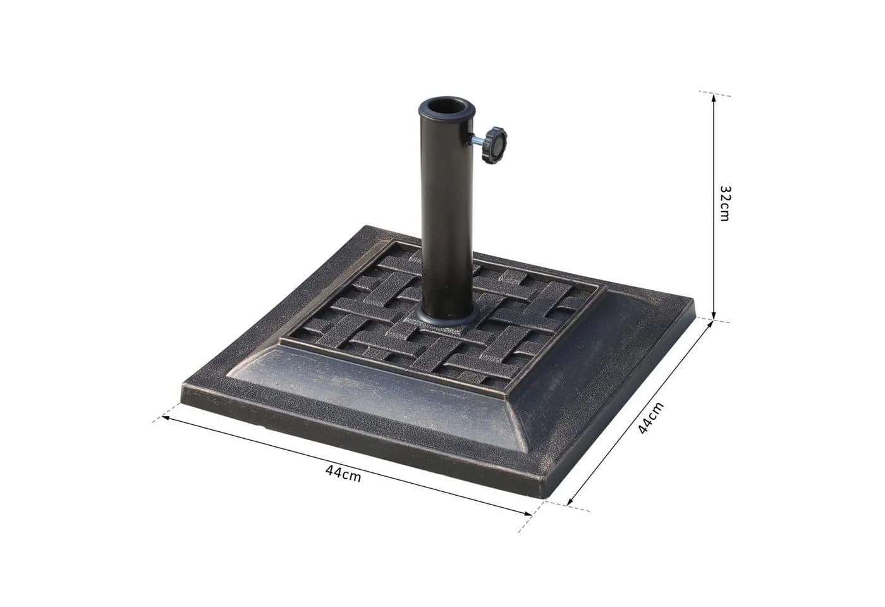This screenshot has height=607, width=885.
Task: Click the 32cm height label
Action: pyautogui.click(x=726, y=203)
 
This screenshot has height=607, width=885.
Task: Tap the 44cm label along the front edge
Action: pyautogui.click(x=343, y=474)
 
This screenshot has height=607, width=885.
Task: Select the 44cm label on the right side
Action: pyautogui.click(x=650, y=419)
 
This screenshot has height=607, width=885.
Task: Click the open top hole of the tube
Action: pyautogui.click(x=447, y=106)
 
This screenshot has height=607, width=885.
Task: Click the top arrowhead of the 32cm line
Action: pyautogui.click(x=714, y=97)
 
